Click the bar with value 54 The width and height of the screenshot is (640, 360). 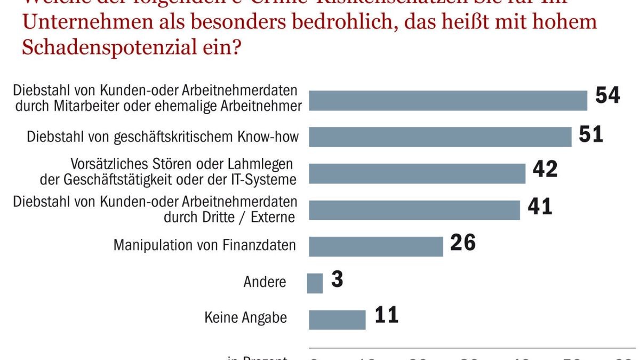click(448, 100)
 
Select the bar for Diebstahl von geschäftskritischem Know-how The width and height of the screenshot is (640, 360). click(440, 137)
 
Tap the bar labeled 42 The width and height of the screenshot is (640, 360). click(417, 173)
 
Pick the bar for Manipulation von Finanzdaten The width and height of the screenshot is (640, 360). click(376, 246)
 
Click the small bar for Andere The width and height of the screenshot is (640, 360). click(315, 283)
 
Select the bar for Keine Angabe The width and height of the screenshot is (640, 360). click(337, 319)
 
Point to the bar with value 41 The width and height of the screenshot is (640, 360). click(414, 210)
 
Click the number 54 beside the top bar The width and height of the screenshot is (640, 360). click(607, 95)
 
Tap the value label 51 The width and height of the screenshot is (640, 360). click(591, 134)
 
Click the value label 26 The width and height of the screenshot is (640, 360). click(462, 243)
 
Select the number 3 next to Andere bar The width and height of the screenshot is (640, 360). click(337, 280)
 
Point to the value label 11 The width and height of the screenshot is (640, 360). click(386, 315)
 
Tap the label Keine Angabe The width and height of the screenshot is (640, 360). click(246, 318)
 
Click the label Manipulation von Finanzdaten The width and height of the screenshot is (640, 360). click(205, 245)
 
